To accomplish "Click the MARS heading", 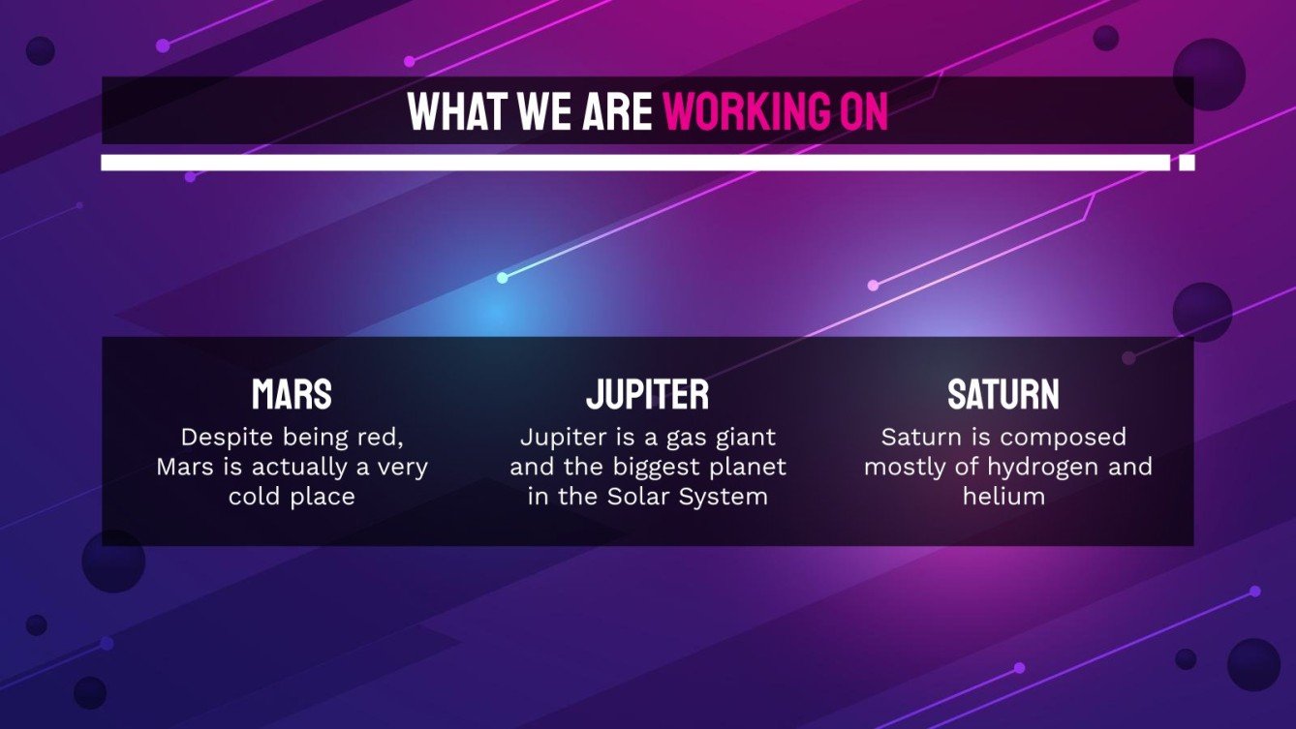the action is [x=292, y=394].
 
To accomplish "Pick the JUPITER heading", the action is [x=647, y=394].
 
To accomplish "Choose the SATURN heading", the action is [x=1003, y=394].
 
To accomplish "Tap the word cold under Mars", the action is [x=254, y=496].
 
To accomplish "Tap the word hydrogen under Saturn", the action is [x=1042, y=467].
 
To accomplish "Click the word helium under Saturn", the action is [x=1003, y=496].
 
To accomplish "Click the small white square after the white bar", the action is [x=1187, y=163].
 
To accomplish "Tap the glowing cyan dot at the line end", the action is [x=502, y=278].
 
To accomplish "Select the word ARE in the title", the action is [x=617, y=111].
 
